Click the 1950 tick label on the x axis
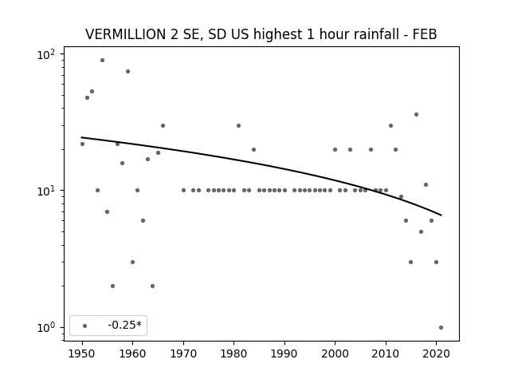click(x=82, y=353)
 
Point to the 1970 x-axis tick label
click(x=183, y=353)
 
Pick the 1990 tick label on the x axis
click(x=284, y=353)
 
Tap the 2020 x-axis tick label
click(x=436, y=353)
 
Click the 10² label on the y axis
click(x=46, y=54)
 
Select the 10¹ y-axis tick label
click(x=46, y=191)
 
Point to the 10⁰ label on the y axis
click(x=46, y=327)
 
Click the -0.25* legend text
click(x=125, y=325)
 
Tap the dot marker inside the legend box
click(x=85, y=326)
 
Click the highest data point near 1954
click(x=103, y=61)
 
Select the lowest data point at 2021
click(x=441, y=328)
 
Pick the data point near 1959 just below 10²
click(x=127, y=71)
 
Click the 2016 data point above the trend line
click(x=416, y=115)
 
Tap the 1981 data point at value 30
click(x=239, y=126)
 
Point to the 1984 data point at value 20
click(x=253, y=149)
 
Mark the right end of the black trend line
click(x=441, y=215)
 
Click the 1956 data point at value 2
click(x=112, y=286)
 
